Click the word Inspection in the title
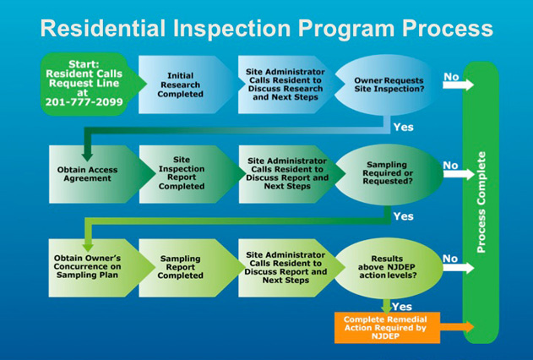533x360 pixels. point(231,29)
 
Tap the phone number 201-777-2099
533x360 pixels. point(84,102)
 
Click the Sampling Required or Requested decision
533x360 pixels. point(389,174)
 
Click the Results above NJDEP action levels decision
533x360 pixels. point(389,268)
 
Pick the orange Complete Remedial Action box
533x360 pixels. point(387,328)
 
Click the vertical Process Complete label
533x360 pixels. point(481,202)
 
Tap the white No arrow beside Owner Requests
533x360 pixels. point(458,85)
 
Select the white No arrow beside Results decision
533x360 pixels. point(458,268)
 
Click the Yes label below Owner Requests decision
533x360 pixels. point(404,127)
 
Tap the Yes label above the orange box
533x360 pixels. point(402,307)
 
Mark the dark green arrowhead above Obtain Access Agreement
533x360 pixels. point(87,156)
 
